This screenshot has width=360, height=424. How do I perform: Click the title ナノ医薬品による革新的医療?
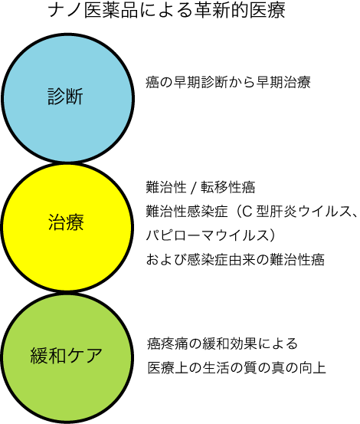167,11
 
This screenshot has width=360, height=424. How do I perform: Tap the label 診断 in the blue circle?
65,97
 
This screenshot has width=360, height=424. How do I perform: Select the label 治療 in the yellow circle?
66,222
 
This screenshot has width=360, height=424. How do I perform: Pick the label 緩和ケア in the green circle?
66,355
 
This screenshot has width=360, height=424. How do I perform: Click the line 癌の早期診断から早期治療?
228,82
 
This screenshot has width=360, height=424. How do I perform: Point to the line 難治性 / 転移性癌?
201,187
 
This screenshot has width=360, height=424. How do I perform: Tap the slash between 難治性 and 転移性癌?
193,187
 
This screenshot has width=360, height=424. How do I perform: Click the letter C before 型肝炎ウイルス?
247,212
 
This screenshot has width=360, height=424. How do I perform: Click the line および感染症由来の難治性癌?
235,259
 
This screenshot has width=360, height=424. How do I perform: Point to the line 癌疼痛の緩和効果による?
222,343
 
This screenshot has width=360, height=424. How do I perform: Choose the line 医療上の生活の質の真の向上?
237,368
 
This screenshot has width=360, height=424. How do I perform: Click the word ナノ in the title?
65,11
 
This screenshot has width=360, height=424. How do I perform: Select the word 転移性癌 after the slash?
227,187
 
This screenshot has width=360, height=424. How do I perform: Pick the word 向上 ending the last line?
313,368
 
